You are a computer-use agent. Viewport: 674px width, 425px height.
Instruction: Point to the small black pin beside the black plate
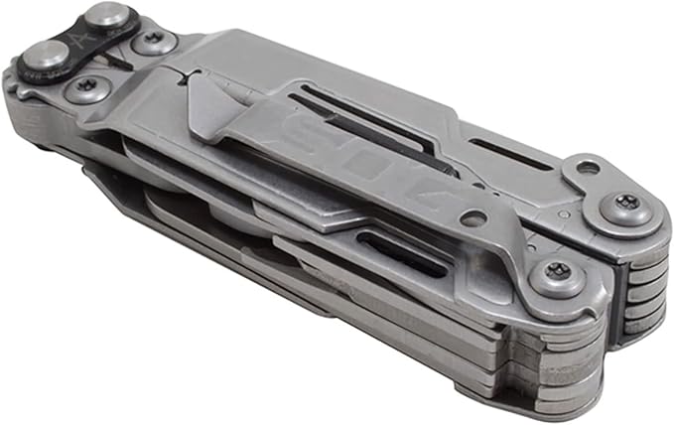coord(118,65)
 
